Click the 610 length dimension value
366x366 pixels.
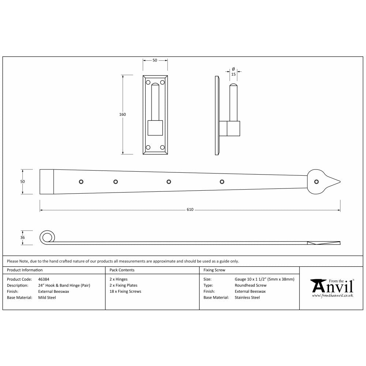point(190,210)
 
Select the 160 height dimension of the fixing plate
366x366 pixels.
point(123,115)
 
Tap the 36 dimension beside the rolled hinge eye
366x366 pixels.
point(23,238)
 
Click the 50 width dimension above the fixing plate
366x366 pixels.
point(155,60)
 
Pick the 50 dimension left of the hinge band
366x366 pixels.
point(23,182)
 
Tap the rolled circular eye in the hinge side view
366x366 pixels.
point(46,238)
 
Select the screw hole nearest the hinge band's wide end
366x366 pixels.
point(82,182)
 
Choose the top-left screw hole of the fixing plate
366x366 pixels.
point(148,82)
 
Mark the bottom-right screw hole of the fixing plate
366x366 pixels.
point(162,147)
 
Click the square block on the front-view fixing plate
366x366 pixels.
point(155,128)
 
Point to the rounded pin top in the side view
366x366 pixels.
point(233,86)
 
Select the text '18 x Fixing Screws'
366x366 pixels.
point(125,292)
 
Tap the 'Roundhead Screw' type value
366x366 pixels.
point(250,285)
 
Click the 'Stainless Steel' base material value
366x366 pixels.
point(247,298)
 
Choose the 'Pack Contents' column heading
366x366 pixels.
point(122,270)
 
